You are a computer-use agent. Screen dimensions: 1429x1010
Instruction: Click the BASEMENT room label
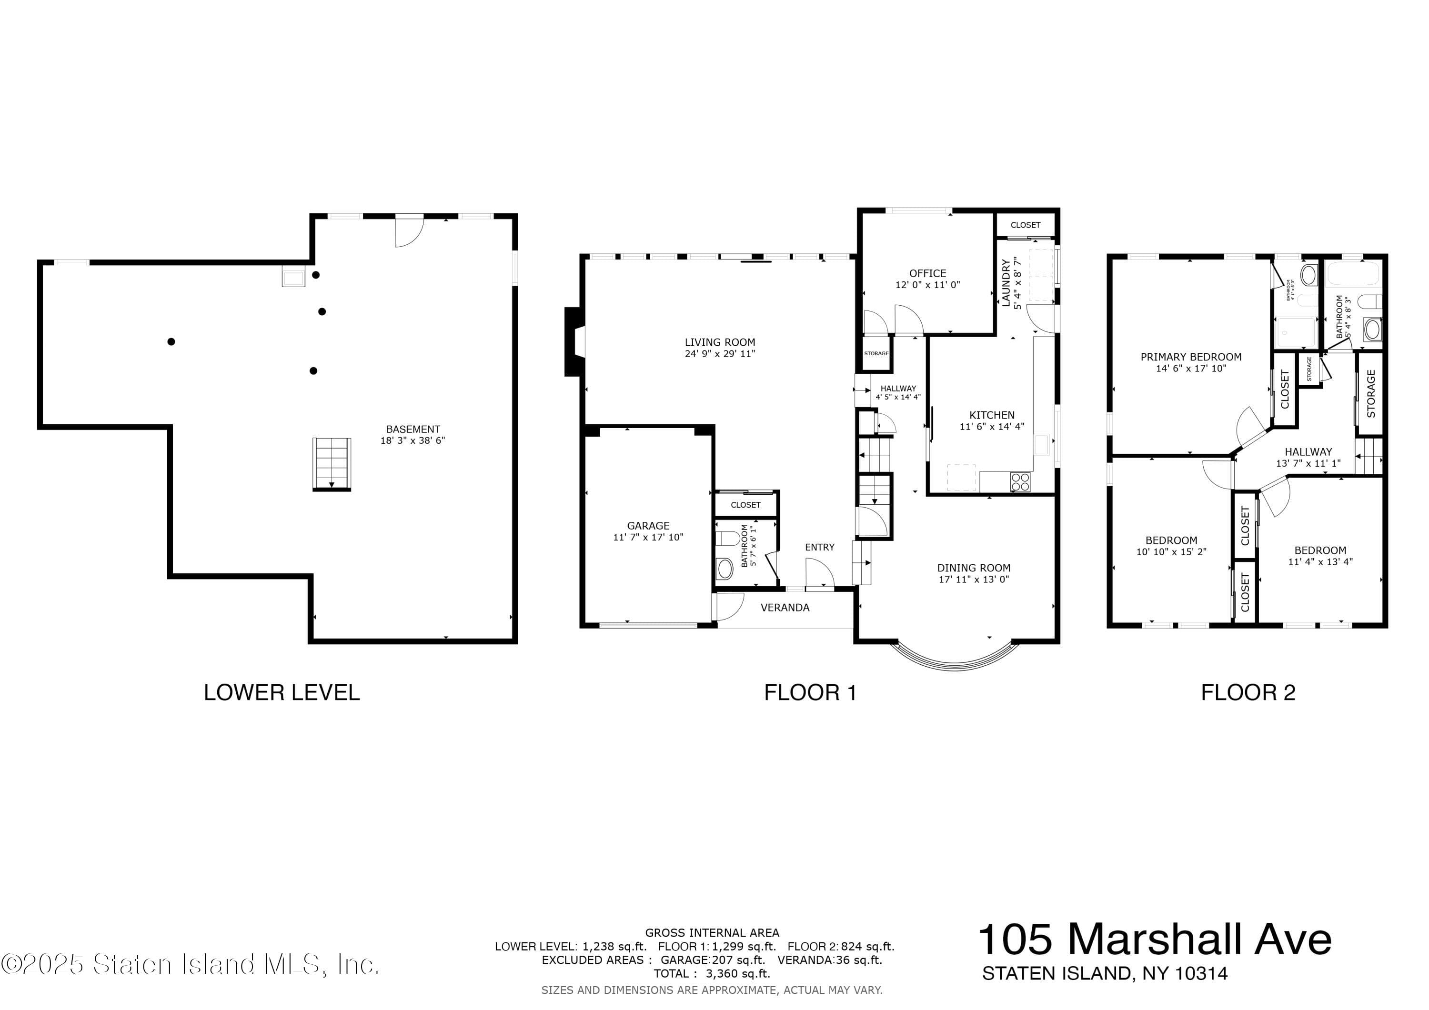coord(413,429)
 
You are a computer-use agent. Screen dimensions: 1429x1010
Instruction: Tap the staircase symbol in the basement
coord(332,464)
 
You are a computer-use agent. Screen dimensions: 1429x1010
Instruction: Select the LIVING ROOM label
coord(720,342)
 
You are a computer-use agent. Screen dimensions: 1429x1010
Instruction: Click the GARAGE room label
coord(648,526)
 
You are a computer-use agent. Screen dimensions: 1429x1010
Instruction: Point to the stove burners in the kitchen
coord(1020,482)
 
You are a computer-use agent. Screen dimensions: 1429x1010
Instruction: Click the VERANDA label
coord(785,607)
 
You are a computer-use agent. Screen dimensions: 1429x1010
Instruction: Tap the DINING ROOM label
coord(974,568)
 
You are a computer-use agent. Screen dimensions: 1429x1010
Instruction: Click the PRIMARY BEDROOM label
coord(1191,357)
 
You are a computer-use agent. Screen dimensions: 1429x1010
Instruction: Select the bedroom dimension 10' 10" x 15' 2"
coord(1171,552)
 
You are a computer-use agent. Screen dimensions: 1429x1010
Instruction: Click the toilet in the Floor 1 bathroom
coord(727,538)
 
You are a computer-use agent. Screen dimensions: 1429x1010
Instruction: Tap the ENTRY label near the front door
coord(820,547)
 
